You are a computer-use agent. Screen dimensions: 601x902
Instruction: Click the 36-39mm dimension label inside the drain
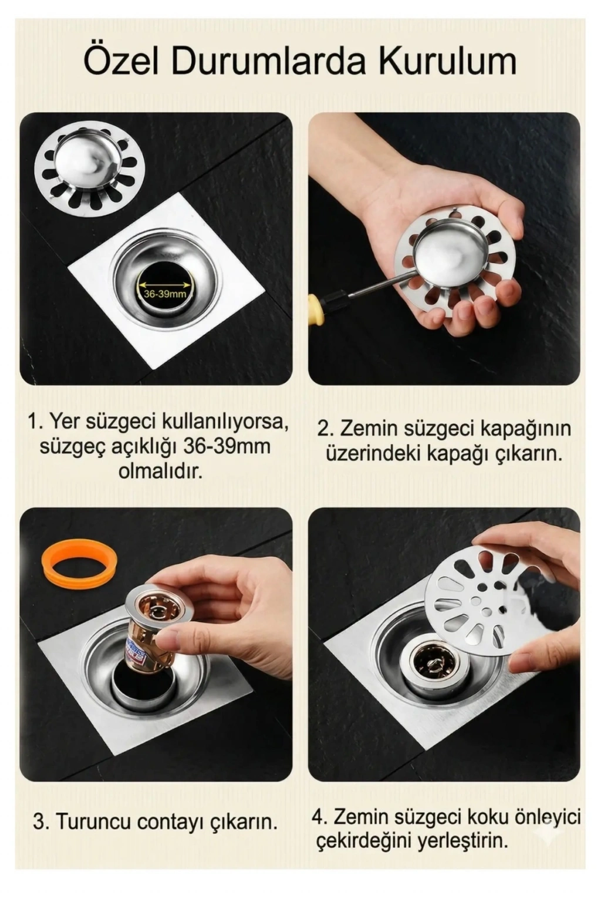[165, 294]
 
